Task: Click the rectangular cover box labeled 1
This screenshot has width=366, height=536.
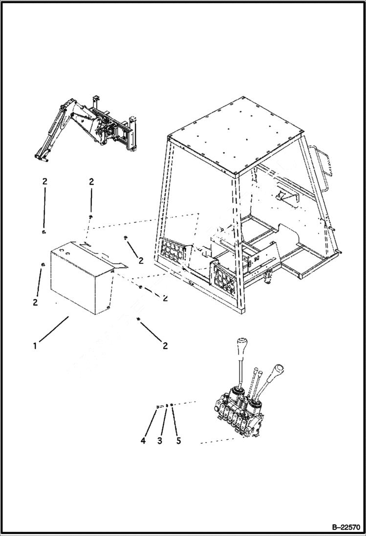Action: (x=81, y=279)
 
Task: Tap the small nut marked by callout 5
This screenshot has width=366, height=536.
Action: (x=172, y=405)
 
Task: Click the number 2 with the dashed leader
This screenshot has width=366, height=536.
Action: (x=165, y=298)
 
